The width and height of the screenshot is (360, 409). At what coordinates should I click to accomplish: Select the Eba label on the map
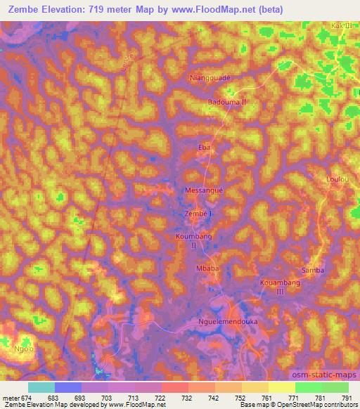[x=205, y=148]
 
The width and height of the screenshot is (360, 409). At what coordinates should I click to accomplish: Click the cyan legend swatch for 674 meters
[x=41, y=387]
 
